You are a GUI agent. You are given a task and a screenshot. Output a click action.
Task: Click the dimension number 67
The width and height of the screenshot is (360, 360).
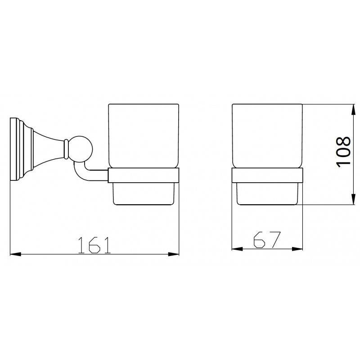pos(267,240)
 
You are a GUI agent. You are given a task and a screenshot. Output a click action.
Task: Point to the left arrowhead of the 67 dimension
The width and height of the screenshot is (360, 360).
pos(236,249)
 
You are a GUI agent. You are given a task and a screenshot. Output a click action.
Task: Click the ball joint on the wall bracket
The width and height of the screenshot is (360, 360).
pos(81,148)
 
